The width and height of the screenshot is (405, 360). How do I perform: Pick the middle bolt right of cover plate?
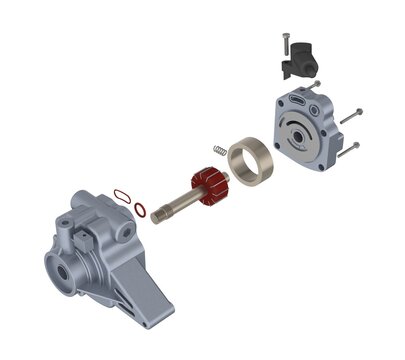(x=349, y=119)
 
